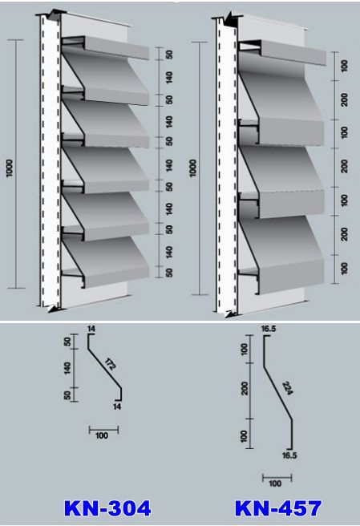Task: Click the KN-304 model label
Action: pos(107,508)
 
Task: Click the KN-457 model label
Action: pos(278,508)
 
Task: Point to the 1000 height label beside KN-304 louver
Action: pos(10,168)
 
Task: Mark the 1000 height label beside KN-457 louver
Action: pos(193,168)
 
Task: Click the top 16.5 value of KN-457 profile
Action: pos(269,329)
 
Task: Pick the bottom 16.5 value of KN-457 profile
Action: pos(290,455)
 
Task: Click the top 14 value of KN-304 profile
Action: pos(91,329)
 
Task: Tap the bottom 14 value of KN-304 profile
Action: pos(117,407)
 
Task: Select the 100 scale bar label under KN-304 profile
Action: pos(102,435)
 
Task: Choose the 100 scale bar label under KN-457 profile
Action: pos(275,484)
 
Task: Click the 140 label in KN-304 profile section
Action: pos(67,368)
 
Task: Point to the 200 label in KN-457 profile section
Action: pos(245,388)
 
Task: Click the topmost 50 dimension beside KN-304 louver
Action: pos(169,55)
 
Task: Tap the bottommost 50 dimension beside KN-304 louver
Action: pos(169,273)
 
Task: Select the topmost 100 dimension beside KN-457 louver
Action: pos(344,66)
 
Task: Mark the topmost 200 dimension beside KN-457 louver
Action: pos(344,100)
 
